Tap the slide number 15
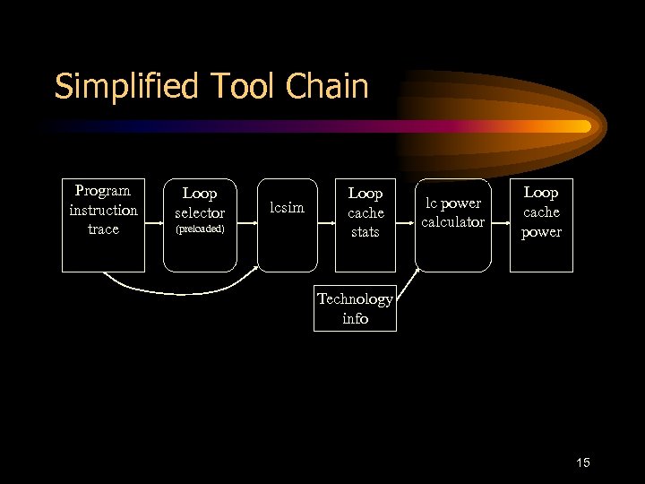click(582, 462)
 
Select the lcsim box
click(288, 224)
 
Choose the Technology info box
click(355, 308)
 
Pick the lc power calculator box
click(453, 224)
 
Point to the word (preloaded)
click(200, 229)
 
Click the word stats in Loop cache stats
click(365, 232)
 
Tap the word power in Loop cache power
click(541, 232)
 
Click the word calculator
click(453, 222)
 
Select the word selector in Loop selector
click(200, 212)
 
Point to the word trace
click(103, 229)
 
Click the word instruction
click(103, 210)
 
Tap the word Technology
click(355, 299)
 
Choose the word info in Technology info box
click(355, 318)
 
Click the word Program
click(103, 190)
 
